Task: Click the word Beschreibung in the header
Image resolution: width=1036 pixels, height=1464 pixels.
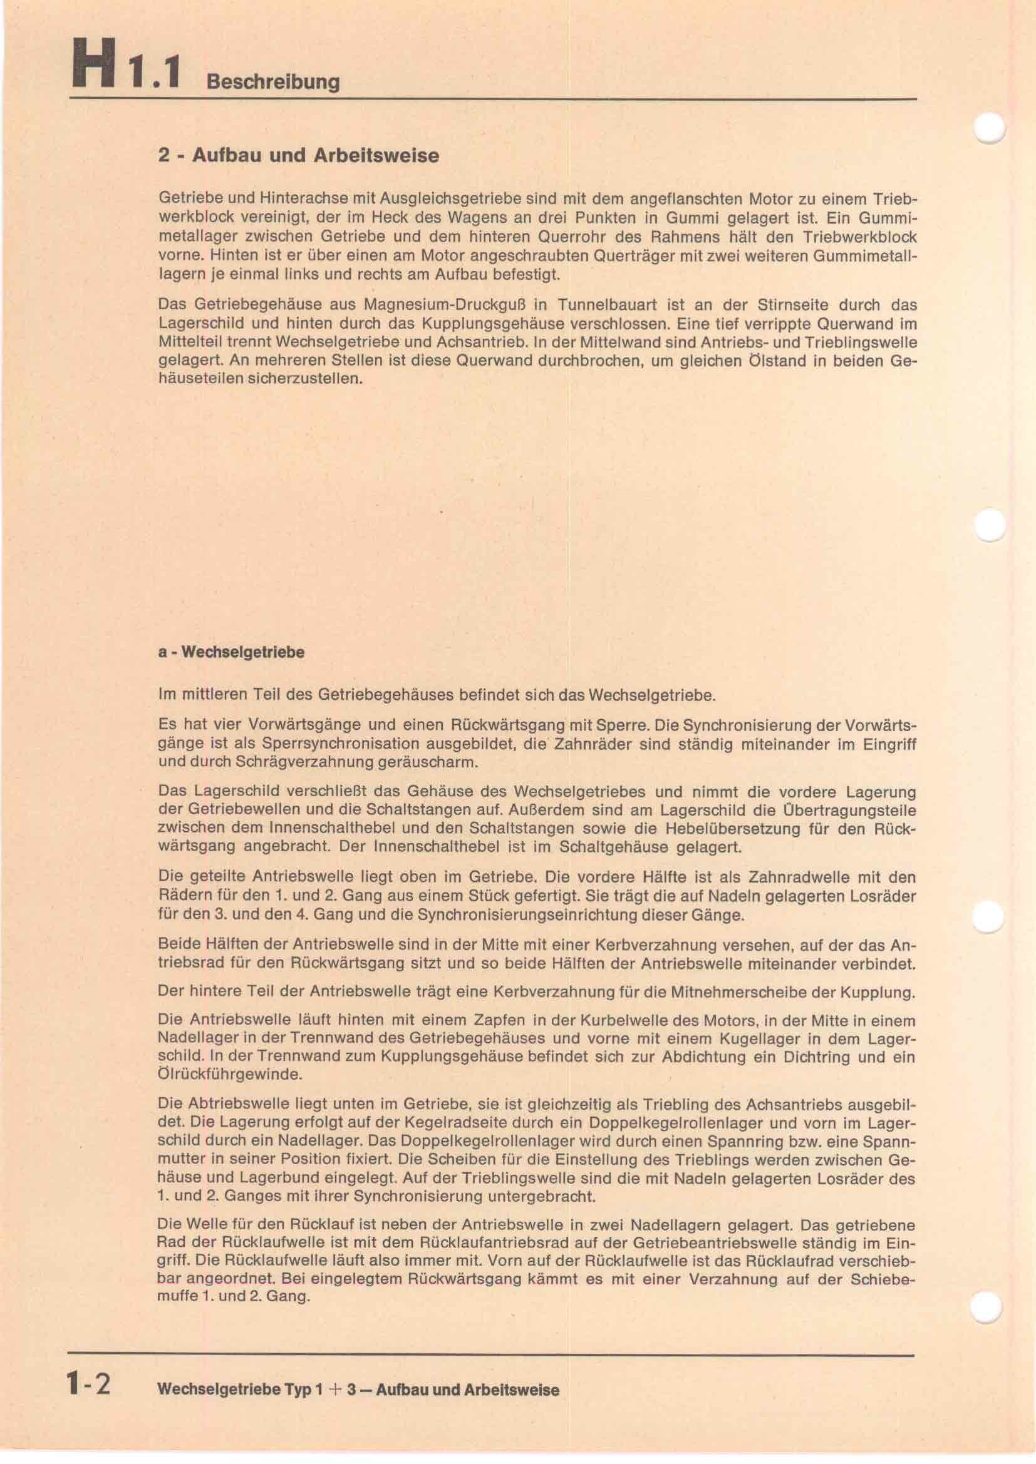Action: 273,81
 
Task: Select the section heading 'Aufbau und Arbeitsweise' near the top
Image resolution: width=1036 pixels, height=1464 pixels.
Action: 315,156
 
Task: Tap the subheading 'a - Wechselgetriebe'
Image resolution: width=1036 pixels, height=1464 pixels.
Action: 231,652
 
